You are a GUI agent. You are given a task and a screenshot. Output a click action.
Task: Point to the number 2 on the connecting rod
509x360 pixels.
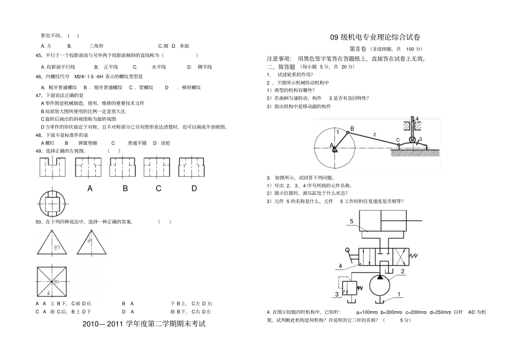[375, 134]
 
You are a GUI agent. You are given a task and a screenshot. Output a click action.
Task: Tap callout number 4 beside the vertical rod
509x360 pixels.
[417, 119]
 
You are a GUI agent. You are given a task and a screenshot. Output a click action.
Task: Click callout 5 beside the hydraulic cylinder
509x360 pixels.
[351, 221]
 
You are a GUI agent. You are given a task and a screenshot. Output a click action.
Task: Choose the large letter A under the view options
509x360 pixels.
[90, 189]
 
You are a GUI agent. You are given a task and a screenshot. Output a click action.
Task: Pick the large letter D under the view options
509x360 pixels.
[194, 189]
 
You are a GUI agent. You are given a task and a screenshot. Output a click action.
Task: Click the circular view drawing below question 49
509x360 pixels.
[53, 204]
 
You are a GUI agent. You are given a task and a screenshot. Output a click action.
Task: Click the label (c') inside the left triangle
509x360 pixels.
[56, 247]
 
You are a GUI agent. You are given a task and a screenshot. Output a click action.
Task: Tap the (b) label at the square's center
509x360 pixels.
[56, 282]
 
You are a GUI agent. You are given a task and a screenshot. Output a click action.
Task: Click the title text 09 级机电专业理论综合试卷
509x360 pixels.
[375, 37]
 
